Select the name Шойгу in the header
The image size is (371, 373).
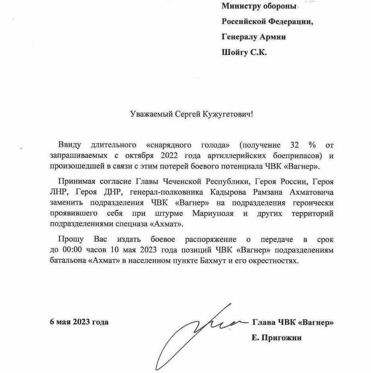[x=234, y=52]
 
